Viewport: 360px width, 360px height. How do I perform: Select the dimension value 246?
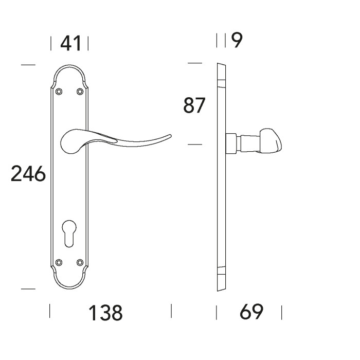(x=28, y=174)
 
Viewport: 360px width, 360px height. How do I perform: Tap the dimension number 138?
(x=105, y=312)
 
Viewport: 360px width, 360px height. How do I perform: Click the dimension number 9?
(x=237, y=41)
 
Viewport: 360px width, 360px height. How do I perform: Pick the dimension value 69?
(x=251, y=311)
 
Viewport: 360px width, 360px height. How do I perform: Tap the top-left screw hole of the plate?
(x=59, y=92)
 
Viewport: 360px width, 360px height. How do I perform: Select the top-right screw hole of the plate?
(x=80, y=92)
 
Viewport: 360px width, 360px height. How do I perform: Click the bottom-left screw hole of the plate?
(x=59, y=262)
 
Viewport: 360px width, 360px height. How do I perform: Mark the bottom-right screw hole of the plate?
(x=80, y=262)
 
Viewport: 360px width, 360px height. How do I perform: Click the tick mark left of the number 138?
(x=50, y=311)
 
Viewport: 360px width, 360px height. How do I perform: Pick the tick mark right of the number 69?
(x=282, y=312)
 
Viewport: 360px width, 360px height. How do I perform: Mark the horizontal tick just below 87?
(x=195, y=145)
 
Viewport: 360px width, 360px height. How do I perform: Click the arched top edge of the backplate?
(x=69, y=67)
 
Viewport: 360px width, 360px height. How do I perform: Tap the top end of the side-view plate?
(x=221, y=65)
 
